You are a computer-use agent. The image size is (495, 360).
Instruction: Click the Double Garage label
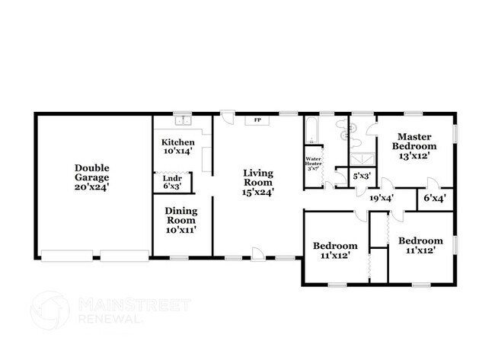(x=91, y=177)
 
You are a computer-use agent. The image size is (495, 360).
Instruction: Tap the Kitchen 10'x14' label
(x=177, y=146)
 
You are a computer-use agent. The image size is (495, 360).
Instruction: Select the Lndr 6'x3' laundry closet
(x=172, y=183)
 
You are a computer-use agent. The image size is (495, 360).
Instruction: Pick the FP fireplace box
(x=257, y=120)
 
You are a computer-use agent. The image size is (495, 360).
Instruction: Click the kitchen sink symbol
(x=182, y=119)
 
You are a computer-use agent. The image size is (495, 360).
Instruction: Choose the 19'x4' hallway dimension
(x=381, y=198)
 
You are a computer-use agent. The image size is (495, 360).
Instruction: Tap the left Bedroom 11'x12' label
(x=336, y=250)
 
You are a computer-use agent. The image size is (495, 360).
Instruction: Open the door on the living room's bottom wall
(x=260, y=253)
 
